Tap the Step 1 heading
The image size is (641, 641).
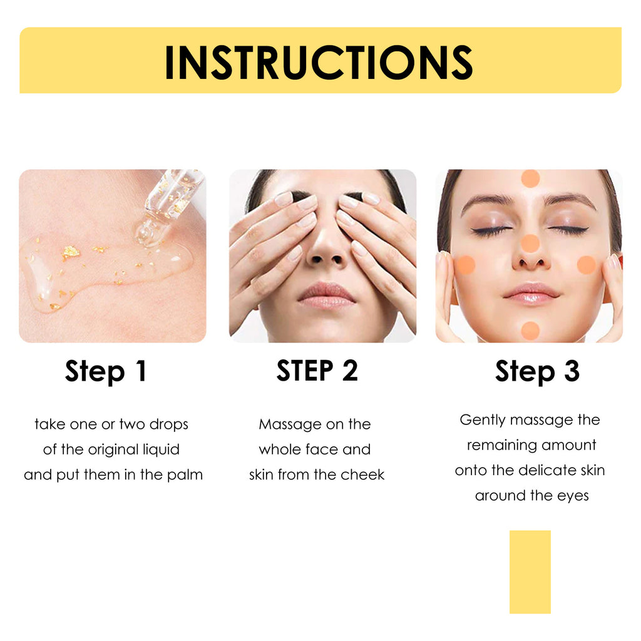pos(106,371)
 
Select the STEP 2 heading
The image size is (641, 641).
pos(317,371)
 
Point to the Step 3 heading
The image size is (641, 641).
pos(537,371)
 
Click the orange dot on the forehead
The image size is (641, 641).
pos(530,178)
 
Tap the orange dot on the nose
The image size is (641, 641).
pos(530,244)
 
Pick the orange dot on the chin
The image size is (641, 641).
pos(530,330)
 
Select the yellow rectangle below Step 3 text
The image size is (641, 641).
pos(530,572)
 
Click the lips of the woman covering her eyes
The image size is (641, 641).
pos(326,294)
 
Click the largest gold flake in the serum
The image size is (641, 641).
pos(71,251)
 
